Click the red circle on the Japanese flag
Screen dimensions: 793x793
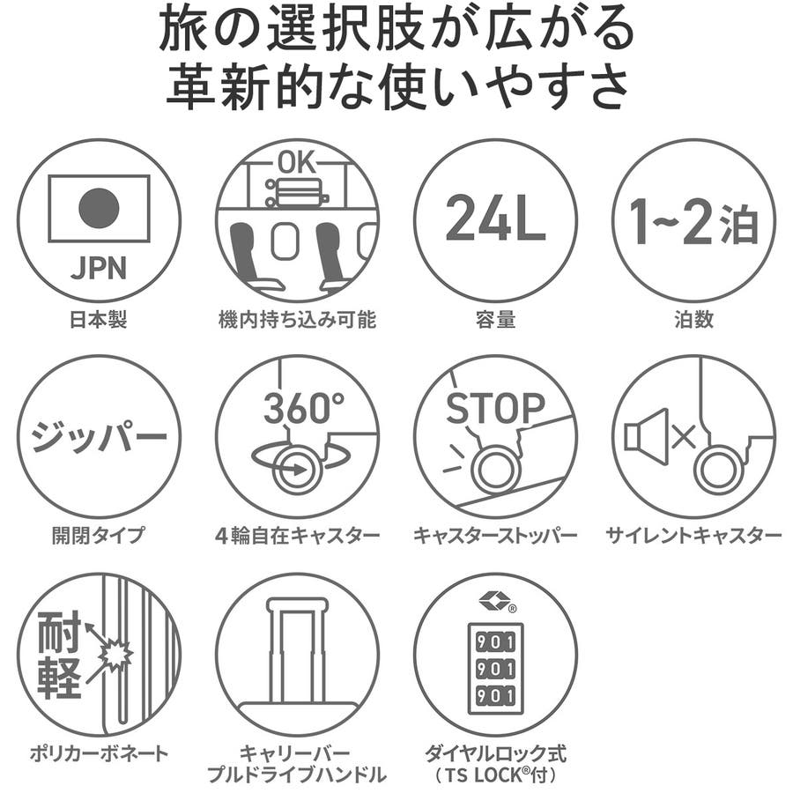click(99, 208)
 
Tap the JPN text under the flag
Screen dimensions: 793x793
click(99, 268)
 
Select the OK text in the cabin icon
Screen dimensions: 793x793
click(297, 162)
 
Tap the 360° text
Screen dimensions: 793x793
click(303, 408)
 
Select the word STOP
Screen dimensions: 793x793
click(495, 408)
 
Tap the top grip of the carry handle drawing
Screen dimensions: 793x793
click(298, 604)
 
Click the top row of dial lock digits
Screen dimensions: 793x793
click(495, 642)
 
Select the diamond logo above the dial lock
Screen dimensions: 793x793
click(493, 601)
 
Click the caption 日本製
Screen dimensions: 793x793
click(98, 319)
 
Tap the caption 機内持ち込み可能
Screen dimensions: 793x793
click(298, 320)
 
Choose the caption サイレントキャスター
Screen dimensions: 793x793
click(693, 535)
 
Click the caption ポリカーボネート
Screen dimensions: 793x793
click(99, 753)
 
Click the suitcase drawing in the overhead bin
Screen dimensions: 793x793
click(298, 192)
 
